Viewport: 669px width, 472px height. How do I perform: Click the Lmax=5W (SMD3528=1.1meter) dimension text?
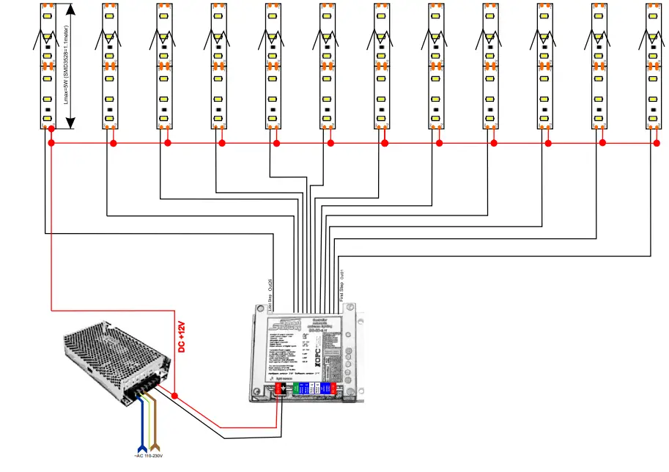[x=66, y=65]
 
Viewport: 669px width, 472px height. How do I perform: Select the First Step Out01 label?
[x=342, y=286]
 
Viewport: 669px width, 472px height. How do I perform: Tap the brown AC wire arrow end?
[x=155, y=445]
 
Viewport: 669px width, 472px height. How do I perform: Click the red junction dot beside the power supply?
[x=175, y=396]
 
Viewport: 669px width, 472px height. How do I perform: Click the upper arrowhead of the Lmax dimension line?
[x=70, y=9]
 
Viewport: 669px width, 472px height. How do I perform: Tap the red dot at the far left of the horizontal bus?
[x=51, y=144]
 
